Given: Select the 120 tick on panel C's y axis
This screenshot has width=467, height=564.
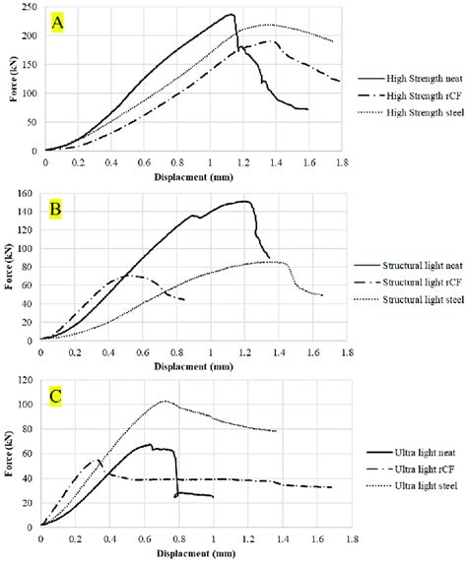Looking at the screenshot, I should pos(28,380).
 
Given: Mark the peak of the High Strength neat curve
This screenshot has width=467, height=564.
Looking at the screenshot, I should pos(231,15).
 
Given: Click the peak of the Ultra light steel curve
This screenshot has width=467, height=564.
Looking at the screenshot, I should pos(165,401).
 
